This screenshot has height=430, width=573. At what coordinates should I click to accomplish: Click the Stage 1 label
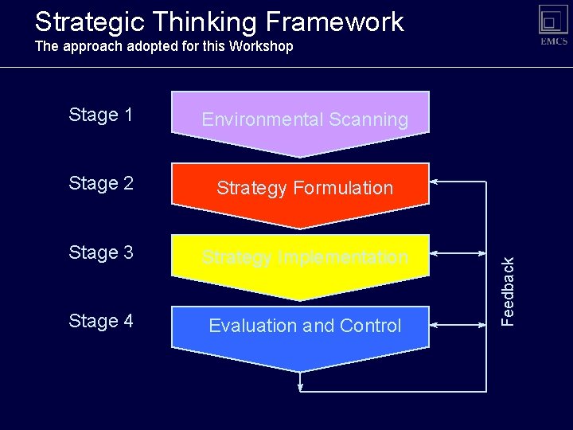click(x=100, y=115)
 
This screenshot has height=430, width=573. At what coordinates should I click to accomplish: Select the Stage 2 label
click(x=100, y=184)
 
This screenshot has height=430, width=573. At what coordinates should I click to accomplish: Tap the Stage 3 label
click(x=100, y=253)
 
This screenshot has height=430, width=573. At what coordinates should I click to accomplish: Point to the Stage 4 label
click(x=100, y=322)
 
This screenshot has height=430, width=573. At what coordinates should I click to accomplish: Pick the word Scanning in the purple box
click(x=368, y=120)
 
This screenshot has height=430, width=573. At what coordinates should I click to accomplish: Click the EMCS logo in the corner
click(x=553, y=24)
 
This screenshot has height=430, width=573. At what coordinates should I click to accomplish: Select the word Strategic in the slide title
click(x=86, y=22)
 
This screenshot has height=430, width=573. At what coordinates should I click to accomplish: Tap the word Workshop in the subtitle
click(x=261, y=46)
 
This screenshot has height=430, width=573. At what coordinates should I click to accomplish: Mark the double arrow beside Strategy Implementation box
click(x=458, y=254)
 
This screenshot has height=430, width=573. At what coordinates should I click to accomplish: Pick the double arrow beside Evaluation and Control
click(x=458, y=325)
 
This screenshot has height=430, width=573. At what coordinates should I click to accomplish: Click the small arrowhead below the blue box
click(x=300, y=387)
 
